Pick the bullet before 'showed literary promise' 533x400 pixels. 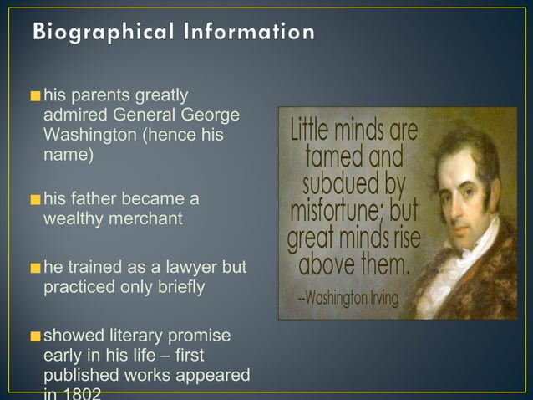click(x=34, y=337)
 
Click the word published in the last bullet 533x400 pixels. click(x=79, y=376)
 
